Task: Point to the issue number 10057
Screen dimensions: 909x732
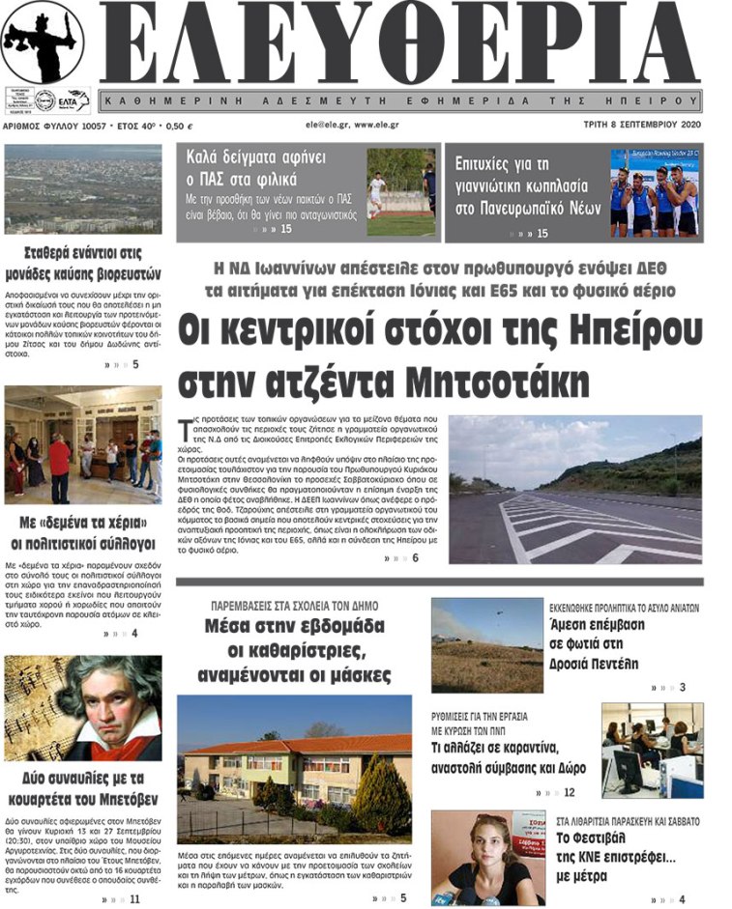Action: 92,126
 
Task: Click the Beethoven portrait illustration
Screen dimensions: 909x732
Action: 84,708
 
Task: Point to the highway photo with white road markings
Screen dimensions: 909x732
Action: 574,490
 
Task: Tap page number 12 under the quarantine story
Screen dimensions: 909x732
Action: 568,792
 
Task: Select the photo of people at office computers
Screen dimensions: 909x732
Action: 652,750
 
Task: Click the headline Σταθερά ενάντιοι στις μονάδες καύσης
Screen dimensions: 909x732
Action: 83,264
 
